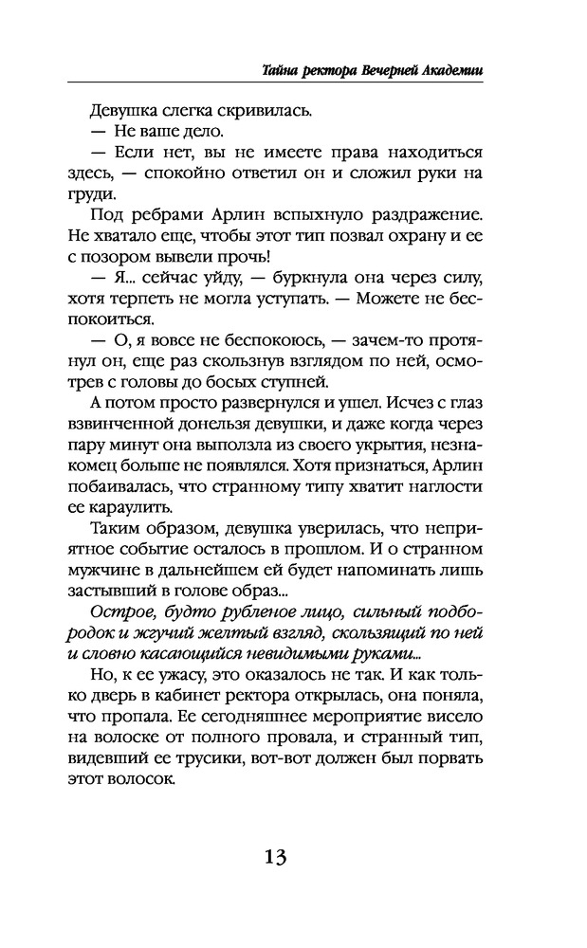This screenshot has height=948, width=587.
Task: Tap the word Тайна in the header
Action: [281, 70]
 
